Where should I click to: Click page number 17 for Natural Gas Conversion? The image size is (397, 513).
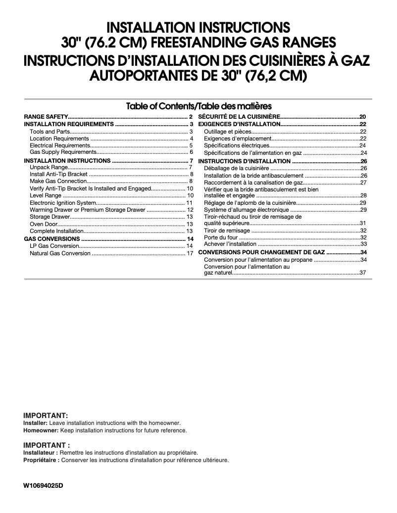tap(189, 253)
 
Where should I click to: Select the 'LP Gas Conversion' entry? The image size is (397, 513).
tap(54, 246)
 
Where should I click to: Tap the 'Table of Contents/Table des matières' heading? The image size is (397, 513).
tap(198, 106)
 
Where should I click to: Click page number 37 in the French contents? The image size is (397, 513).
tap(363, 273)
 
